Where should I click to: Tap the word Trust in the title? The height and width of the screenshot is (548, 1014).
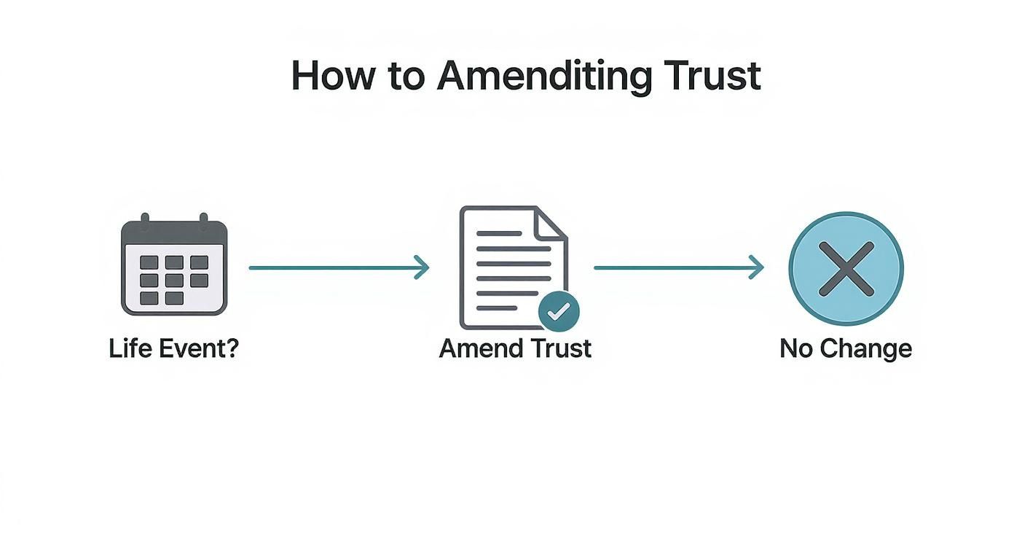pos(716,75)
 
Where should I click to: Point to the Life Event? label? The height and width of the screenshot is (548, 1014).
pos(174,348)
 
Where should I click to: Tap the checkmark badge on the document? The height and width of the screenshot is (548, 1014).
pos(559,312)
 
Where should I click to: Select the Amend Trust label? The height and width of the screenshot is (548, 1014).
pos(515,348)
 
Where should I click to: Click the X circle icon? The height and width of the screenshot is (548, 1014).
pos(846,269)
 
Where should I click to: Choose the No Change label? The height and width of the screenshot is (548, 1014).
pos(846,348)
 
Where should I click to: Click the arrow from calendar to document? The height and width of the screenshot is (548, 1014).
pos(339,267)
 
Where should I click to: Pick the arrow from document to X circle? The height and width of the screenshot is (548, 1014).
pos(678,267)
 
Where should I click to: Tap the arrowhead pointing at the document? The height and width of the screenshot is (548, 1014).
pos(422,267)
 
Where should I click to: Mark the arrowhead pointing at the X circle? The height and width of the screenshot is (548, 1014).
pos(757,267)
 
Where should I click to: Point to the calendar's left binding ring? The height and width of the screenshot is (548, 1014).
pos(144,219)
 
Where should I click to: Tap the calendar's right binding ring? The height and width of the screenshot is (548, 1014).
pos(203,219)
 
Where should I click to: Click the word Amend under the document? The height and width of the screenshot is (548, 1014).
pos(476,348)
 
